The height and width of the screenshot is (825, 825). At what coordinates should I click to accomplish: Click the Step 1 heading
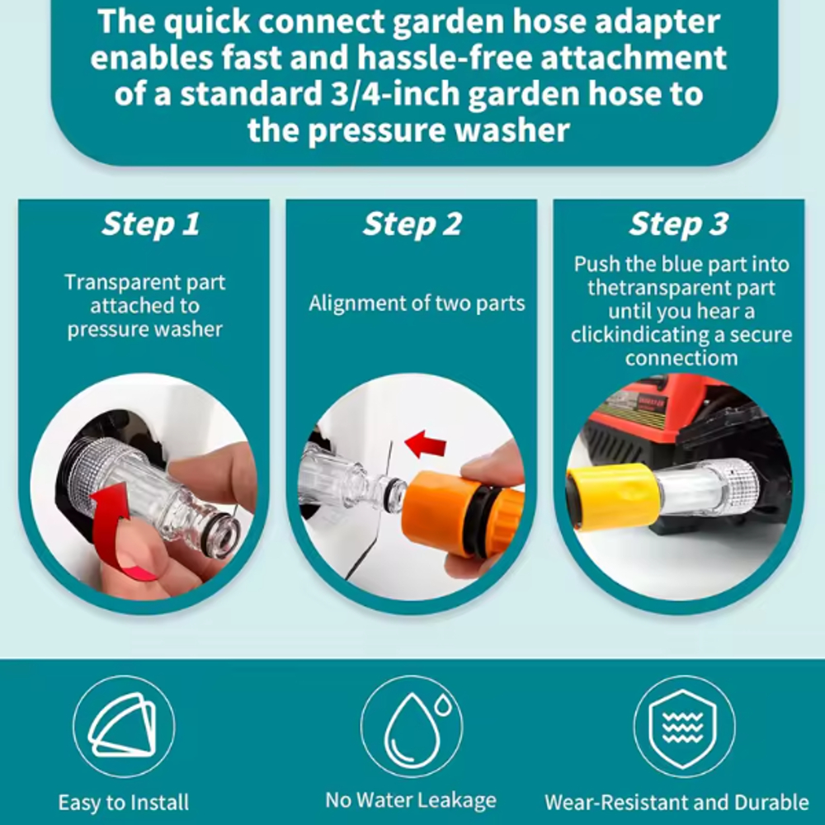point(150,224)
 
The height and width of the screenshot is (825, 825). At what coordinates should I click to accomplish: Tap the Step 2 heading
point(412,224)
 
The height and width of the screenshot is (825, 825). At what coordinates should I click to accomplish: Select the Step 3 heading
point(679,224)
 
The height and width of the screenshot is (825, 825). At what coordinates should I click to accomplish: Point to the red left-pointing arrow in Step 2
point(426,444)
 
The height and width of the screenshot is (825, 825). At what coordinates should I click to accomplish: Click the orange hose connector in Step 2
point(462,513)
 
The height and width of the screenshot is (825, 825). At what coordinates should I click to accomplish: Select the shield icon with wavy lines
point(684,726)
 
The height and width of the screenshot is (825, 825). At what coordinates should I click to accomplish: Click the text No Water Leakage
point(411,800)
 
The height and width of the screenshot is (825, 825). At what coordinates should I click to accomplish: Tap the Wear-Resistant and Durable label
point(676,803)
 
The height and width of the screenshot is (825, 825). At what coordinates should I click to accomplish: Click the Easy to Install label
point(124,803)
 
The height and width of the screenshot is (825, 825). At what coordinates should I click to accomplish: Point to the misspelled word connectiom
point(681,358)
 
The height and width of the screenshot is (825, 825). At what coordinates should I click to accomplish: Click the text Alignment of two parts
point(417,304)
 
